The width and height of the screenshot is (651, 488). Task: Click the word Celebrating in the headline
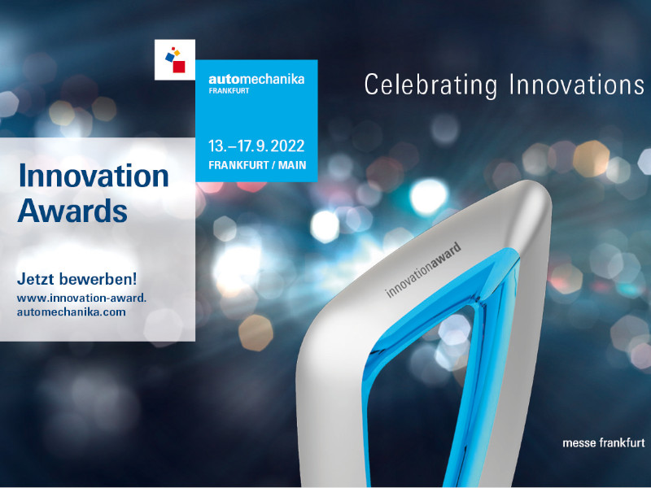coord(431,86)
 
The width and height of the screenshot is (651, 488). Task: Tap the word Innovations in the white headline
coord(577,85)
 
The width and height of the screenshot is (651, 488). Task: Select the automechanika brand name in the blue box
coord(256,79)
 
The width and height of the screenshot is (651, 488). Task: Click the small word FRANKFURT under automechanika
coord(229,91)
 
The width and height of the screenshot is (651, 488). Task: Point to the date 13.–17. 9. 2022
coord(256,146)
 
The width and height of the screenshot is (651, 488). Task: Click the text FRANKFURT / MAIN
coord(257,165)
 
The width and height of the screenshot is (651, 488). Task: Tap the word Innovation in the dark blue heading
coord(94,176)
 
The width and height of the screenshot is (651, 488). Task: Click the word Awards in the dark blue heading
coord(72,211)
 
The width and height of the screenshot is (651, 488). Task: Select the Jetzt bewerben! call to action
coord(76,279)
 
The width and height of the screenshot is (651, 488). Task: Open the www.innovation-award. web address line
coord(82,298)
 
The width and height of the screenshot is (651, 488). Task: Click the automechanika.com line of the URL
coord(72,312)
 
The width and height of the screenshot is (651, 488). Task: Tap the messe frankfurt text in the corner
coord(604,442)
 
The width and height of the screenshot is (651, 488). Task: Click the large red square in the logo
coord(179,67)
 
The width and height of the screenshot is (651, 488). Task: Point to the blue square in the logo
coord(170,57)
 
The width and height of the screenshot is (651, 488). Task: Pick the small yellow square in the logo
coord(177,53)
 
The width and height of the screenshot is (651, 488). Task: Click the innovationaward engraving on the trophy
coord(423,270)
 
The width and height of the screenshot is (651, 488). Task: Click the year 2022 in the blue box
coord(288,146)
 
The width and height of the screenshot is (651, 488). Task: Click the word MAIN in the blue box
coord(292,165)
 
